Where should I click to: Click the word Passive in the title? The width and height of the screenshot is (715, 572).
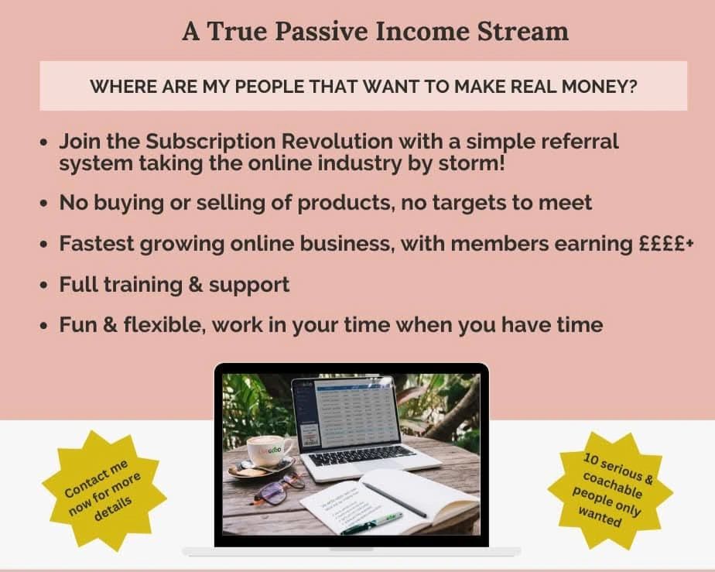click(x=322, y=31)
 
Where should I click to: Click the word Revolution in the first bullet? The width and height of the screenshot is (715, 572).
click(x=337, y=141)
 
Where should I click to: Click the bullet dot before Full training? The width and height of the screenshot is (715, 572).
click(x=44, y=286)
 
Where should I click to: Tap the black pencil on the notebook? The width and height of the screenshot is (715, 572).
click(x=394, y=499)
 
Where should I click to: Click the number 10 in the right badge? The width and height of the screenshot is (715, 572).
click(x=591, y=459)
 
